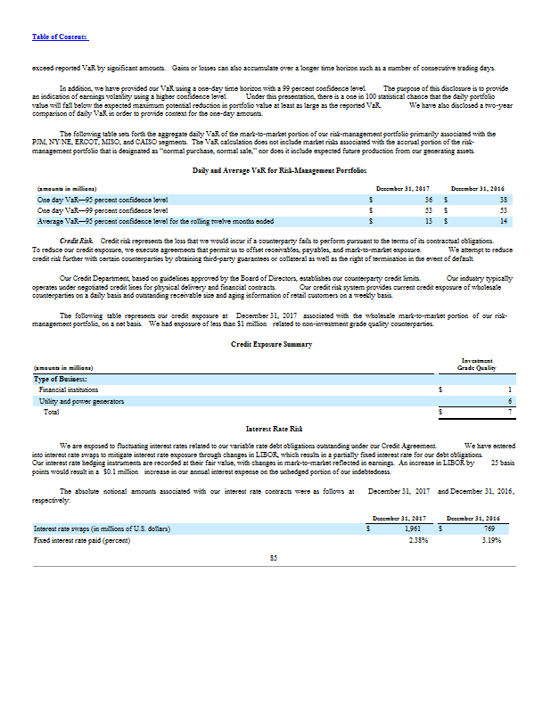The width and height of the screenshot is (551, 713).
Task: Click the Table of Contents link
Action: click(x=59, y=36)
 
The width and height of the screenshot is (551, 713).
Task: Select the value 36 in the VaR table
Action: click(x=428, y=200)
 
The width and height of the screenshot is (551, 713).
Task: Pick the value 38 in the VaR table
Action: click(x=503, y=200)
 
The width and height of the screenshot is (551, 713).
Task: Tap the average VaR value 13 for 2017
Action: click(x=429, y=219)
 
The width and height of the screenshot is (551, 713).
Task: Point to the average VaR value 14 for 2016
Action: click(x=504, y=219)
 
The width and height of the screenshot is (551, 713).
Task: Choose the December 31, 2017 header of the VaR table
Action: click(x=403, y=189)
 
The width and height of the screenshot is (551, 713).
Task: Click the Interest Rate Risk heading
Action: click(x=275, y=430)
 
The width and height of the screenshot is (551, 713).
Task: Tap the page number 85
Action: click(x=275, y=559)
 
